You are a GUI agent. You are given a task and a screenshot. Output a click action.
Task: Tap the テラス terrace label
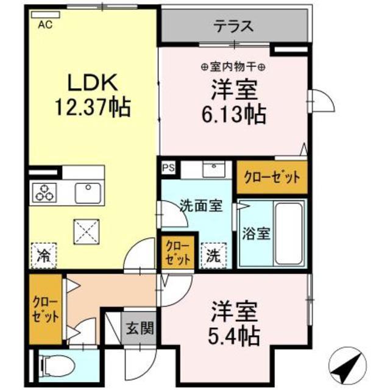(x=233, y=26)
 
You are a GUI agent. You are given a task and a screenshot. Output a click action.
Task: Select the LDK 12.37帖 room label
(x=92, y=97)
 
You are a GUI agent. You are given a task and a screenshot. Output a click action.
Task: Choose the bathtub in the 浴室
(x=289, y=233)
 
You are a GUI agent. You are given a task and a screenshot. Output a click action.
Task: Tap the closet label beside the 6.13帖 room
(x=272, y=177)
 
